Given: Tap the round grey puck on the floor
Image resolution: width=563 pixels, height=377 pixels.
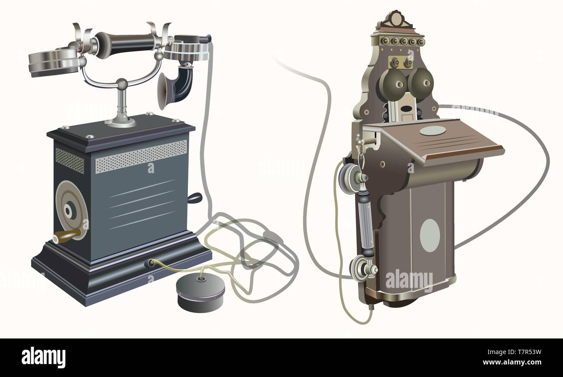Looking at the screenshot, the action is coord(201,292).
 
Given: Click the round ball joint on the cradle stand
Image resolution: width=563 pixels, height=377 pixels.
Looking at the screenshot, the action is coord(122,84).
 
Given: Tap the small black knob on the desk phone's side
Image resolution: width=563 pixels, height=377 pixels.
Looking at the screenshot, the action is coord(195,198).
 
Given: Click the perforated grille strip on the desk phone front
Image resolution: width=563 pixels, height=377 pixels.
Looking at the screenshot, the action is coord(141,156).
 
